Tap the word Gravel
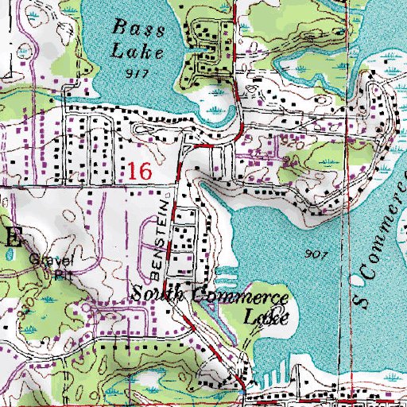[50, 261]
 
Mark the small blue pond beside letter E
[9, 256]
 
